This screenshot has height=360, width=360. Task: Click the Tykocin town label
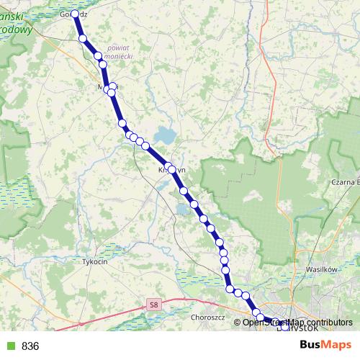95,262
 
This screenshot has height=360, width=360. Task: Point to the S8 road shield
153,305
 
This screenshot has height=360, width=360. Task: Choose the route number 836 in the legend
30,346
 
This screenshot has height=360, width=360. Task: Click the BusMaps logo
325,346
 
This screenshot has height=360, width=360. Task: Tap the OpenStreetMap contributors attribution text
297,322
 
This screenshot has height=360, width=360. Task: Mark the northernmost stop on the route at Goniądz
75,14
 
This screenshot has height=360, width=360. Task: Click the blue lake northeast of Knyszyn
166,135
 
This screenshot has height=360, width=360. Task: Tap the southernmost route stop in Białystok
284,326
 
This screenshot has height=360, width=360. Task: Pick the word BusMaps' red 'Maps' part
338,346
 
